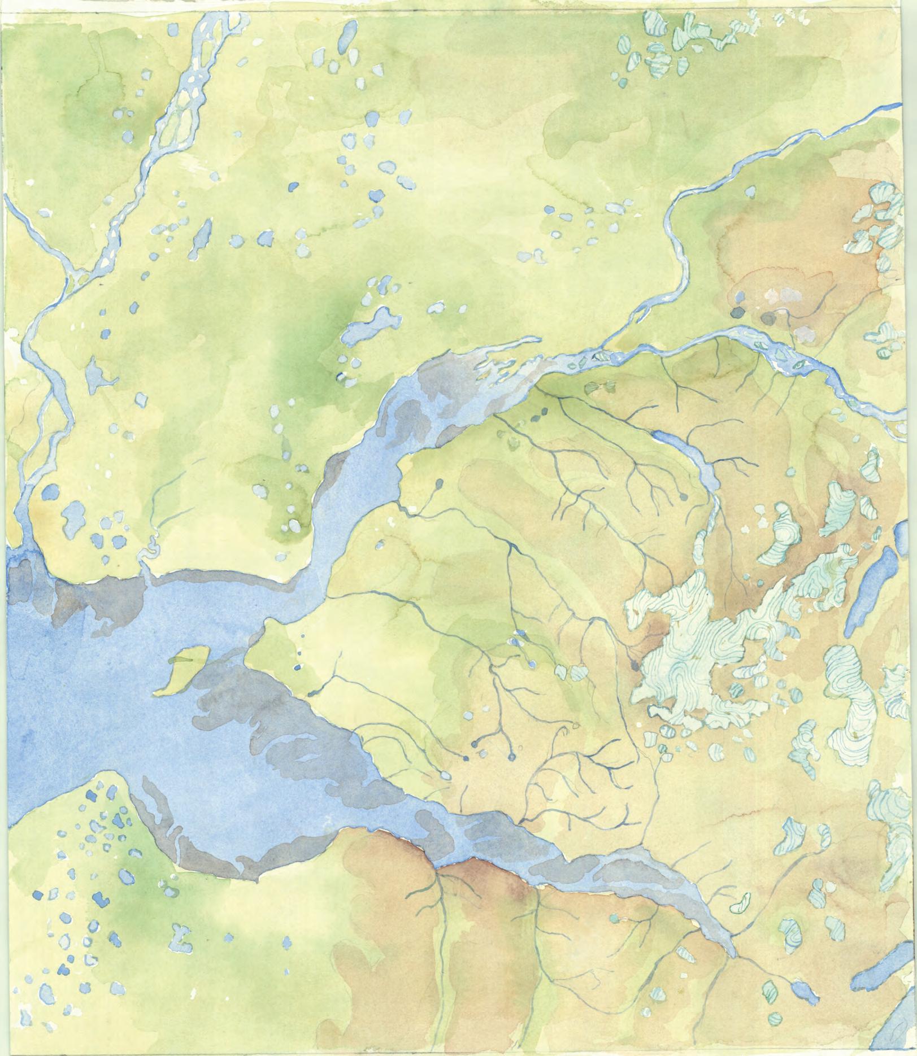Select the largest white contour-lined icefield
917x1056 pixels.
point(701,644)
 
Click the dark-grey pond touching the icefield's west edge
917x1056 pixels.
point(635,665)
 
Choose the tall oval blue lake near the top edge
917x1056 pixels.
point(344,37)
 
